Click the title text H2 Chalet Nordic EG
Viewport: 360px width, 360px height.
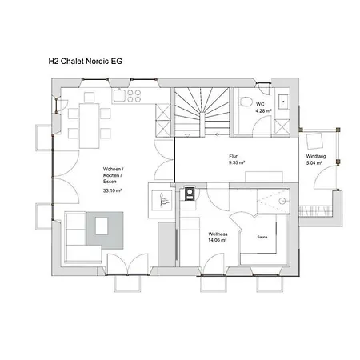click(x=86, y=62)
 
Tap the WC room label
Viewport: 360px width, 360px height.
click(x=260, y=104)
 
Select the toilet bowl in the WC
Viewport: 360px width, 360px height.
click(x=246, y=102)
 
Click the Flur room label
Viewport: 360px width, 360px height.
click(x=233, y=156)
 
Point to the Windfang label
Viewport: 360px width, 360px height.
click(x=316, y=156)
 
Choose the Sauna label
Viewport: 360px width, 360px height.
click(x=262, y=237)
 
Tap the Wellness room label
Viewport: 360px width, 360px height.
click(x=218, y=234)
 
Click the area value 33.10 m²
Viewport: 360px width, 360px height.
click(x=113, y=190)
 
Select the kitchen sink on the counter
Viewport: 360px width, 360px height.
click(x=119, y=95)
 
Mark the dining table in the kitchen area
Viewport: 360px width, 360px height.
click(x=89, y=126)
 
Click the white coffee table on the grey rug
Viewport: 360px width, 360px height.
click(x=102, y=226)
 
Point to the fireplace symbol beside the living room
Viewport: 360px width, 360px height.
click(x=162, y=200)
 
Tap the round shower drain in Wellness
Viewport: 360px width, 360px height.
click(x=282, y=201)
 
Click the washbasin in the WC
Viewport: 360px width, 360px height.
click(x=283, y=102)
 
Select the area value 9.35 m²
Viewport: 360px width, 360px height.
click(x=237, y=162)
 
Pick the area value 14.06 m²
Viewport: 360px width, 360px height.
click(x=218, y=240)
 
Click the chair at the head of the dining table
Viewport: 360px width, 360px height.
click(x=89, y=98)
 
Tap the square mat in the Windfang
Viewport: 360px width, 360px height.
click(x=314, y=141)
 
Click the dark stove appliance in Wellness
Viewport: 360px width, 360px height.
click(x=190, y=194)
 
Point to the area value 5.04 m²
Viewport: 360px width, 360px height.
click(x=314, y=162)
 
